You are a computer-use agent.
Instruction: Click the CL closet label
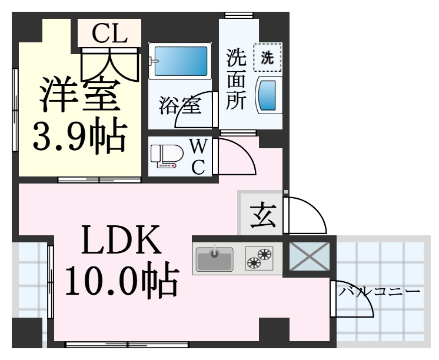[x=109, y=33]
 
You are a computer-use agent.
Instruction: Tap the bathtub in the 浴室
[x=179, y=61]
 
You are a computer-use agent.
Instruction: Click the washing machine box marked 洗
[x=267, y=58]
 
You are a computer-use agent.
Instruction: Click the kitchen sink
[x=214, y=259]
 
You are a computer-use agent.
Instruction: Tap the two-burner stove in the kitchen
[x=260, y=258]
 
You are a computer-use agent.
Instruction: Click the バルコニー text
[x=380, y=292]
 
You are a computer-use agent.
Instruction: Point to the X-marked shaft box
[x=310, y=256]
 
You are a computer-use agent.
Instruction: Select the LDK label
[x=121, y=240]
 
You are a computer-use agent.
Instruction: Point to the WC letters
[x=198, y=157]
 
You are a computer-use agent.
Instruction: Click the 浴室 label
[x=180, y=105]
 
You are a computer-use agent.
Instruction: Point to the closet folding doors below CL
[x=110, y=65]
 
